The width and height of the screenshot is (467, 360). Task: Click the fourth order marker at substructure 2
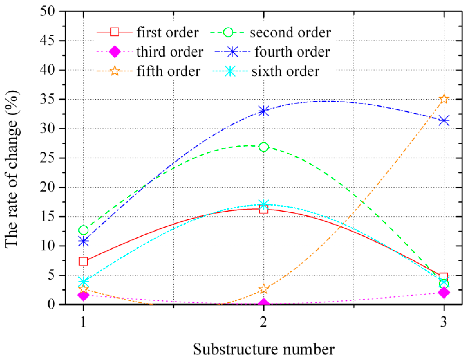[264, 111]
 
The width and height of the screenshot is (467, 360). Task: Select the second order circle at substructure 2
[264, 147]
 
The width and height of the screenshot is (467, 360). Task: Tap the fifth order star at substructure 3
[444, 99]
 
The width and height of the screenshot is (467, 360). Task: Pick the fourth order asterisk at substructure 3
[444, 121]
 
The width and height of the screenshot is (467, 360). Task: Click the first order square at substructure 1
[83, 261]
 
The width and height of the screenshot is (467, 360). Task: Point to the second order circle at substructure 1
[83, 230]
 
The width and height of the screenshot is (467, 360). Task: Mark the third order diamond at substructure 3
[444, 292]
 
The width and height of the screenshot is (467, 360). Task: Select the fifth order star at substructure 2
[264, 289]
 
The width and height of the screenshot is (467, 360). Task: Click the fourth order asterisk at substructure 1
[83, 241]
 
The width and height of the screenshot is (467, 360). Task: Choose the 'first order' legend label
[168, 32]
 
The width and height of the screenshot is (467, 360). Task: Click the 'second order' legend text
[290, 32]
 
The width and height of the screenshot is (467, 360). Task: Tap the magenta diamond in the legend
[114, 52]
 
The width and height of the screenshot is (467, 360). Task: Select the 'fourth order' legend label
[292, 52]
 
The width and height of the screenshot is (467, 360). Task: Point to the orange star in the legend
[114, 71]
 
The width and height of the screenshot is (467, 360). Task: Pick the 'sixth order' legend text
[285, 71]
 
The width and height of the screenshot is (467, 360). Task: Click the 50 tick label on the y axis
[47, 11]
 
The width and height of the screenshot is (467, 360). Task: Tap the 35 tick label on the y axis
[47, 99]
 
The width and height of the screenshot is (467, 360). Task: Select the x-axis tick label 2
[264, 322]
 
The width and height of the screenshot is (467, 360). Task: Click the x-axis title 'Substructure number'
[264, 349]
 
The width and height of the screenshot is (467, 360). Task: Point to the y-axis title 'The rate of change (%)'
[12, 169]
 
